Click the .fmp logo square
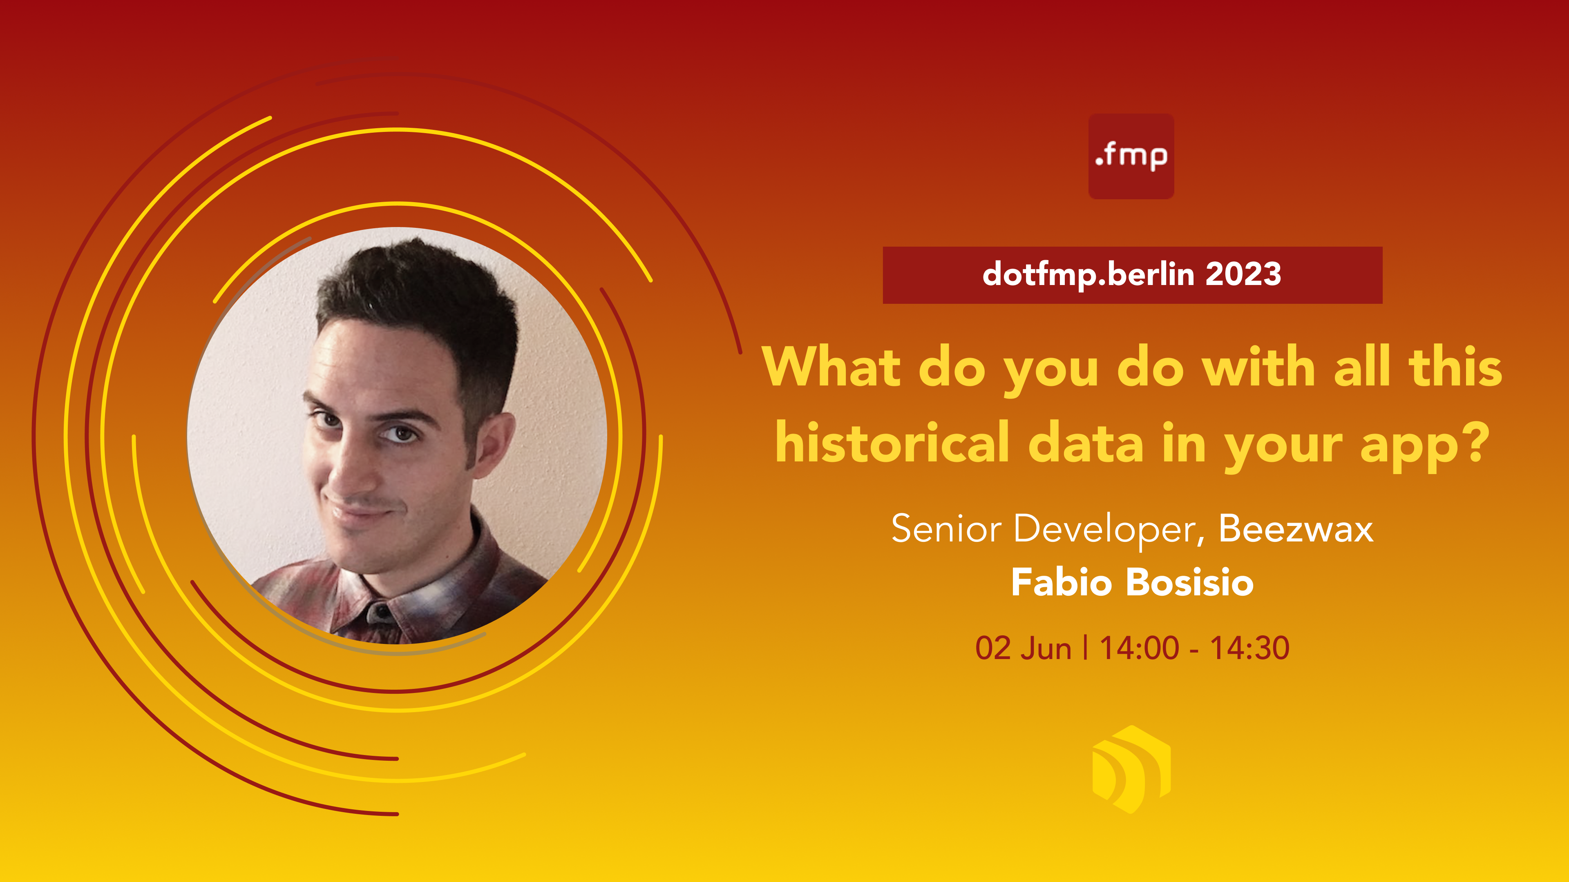click(1131, 156)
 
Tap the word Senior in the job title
click(946, 528)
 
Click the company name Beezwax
click(1296, 528)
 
